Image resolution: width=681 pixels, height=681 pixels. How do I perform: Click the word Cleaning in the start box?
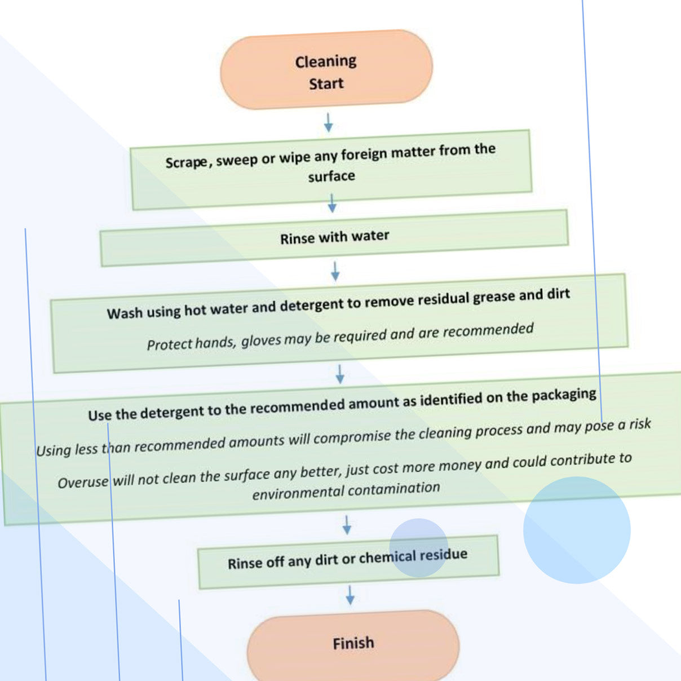[x=325, y=61]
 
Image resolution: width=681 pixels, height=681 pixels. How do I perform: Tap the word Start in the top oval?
[x=326, y=84]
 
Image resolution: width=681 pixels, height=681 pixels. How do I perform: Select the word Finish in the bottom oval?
[x=353, y=643]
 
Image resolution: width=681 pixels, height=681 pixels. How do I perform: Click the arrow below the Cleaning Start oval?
[x=328, y=123]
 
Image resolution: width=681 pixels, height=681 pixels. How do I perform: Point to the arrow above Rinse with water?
[x=332, y=203]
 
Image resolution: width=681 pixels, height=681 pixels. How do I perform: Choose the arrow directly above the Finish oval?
[x=350, y=595]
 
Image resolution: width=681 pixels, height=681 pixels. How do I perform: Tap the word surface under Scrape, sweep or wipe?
[x=331, y=176]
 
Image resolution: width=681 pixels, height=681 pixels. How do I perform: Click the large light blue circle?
[x=577, y=530]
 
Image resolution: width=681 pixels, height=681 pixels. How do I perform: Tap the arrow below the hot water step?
[x=339, y=374]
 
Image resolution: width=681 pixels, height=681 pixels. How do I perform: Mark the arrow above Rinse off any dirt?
[x=347, y=525]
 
